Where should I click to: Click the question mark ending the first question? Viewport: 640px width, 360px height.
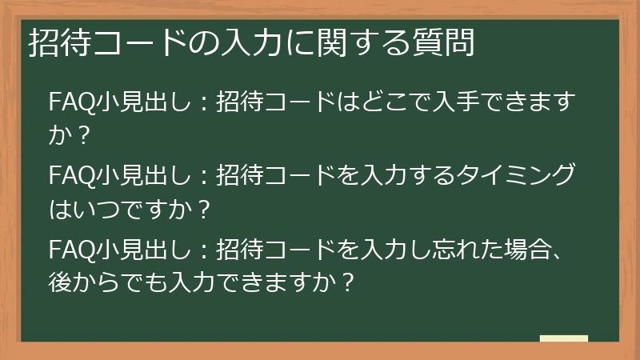pos(80,138)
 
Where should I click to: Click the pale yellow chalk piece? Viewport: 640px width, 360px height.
pos(564,338)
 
